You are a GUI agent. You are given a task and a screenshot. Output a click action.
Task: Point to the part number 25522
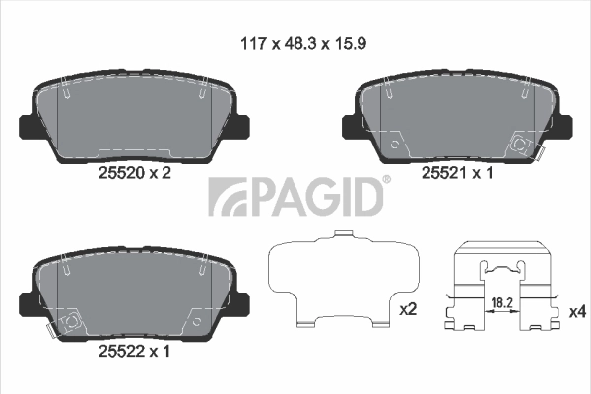click(119, 349)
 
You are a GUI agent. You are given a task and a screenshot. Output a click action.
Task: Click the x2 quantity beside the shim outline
click(408, 310)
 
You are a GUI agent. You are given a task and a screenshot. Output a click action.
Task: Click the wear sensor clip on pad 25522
click(68, 321)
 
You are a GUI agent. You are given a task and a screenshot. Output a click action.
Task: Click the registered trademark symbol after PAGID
click(386, 179)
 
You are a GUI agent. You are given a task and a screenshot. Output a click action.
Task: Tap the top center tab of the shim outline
click(342, 234)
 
